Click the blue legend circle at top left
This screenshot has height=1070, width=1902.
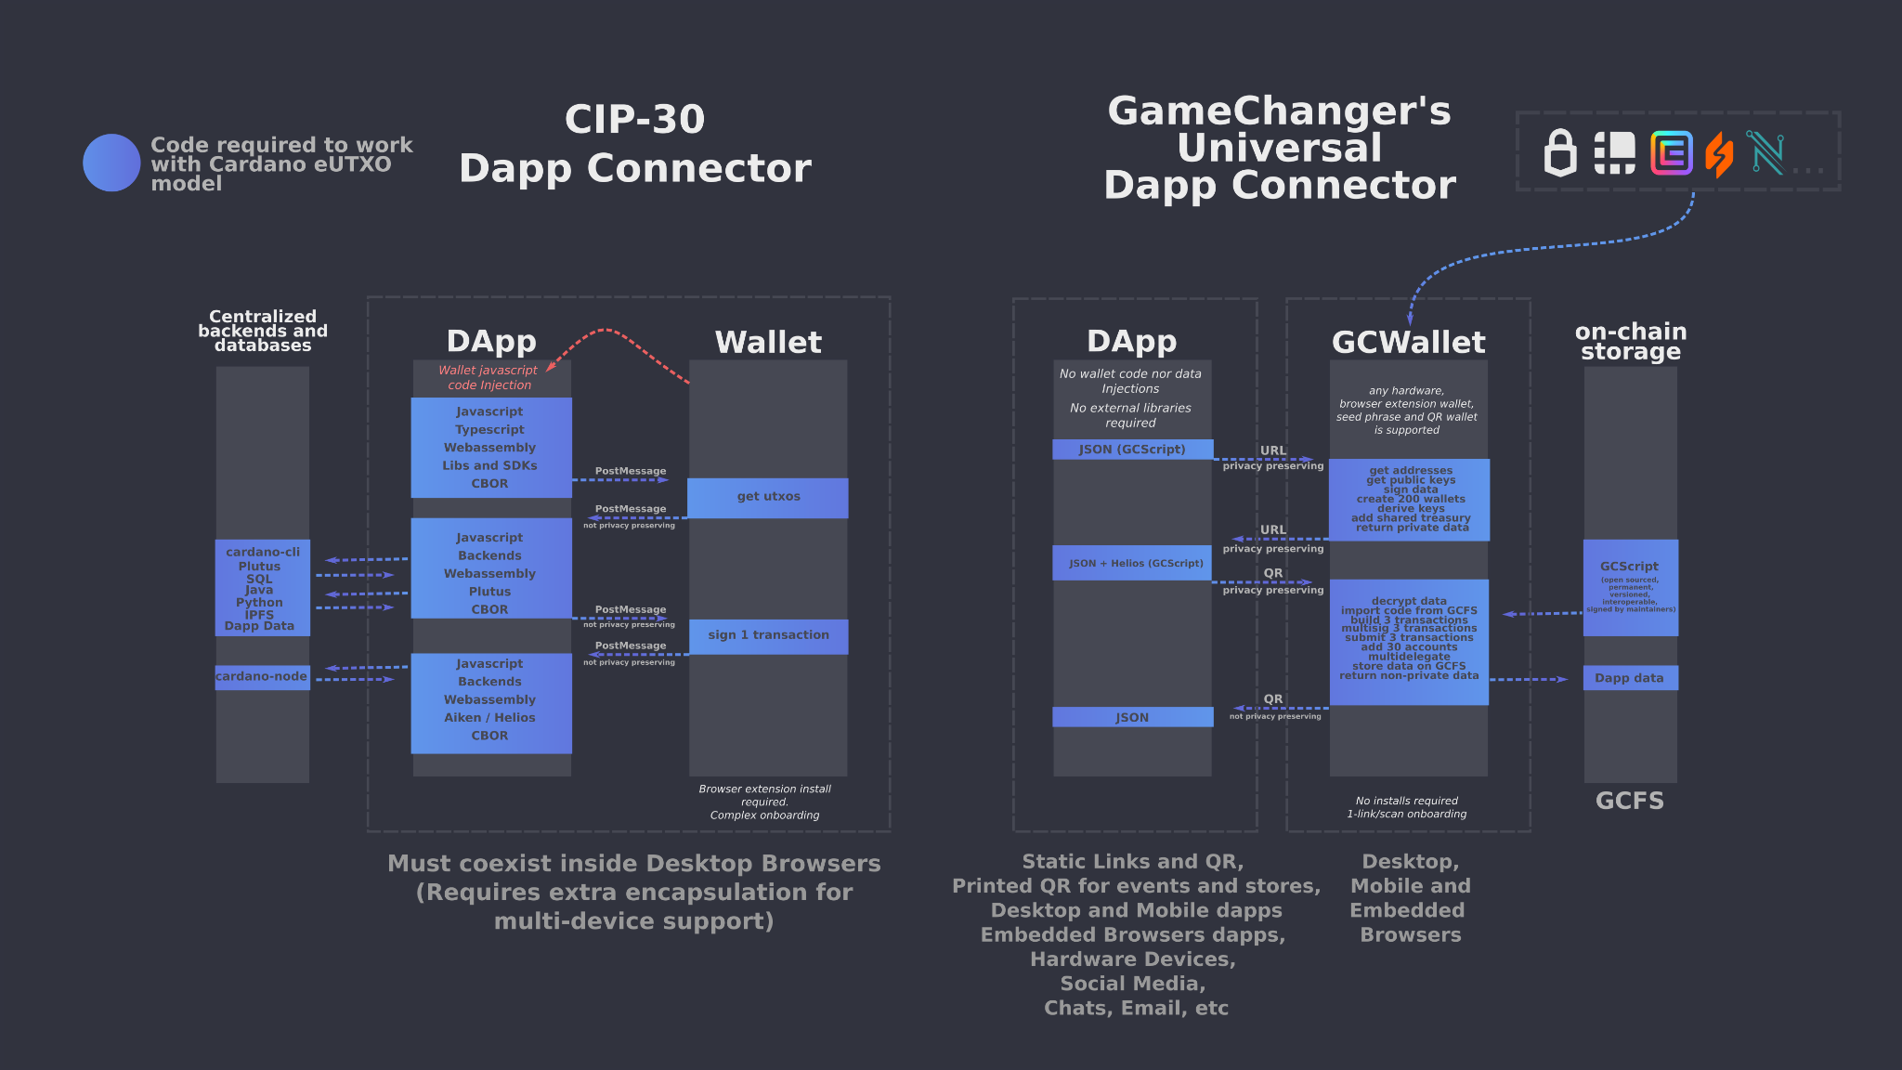coord(111,163)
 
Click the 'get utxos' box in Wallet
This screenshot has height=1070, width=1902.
coord(768,497)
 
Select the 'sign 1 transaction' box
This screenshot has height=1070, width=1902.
coord(768,635)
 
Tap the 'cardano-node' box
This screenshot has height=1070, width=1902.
coord(262,676)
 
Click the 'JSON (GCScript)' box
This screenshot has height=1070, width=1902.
coord(1132,450)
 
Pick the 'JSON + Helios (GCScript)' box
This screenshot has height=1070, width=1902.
coord(1132,563)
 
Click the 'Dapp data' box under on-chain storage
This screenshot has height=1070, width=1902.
coord(1630,678)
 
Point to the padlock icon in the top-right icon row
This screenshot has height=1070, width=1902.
coord(1560,153)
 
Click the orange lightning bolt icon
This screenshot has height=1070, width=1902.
coord(1719,154)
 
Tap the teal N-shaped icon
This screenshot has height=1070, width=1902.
coord(1766,152)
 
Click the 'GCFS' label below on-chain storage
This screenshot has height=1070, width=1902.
coord(1630,801)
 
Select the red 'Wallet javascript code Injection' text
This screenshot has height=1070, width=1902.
coord(489,377)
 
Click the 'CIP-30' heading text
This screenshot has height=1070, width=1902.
coord(635,119)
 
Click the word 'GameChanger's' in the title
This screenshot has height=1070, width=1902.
coord(1279,111)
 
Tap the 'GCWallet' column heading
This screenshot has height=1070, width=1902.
coord(1408,342)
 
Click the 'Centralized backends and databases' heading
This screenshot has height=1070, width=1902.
coord(263,331)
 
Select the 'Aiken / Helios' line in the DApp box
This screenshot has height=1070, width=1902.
coord(489,717)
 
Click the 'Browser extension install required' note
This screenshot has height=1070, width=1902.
coord(764,795)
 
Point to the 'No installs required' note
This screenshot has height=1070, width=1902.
coord(1406,801)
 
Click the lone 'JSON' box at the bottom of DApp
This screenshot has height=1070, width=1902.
coord(1132,717)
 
